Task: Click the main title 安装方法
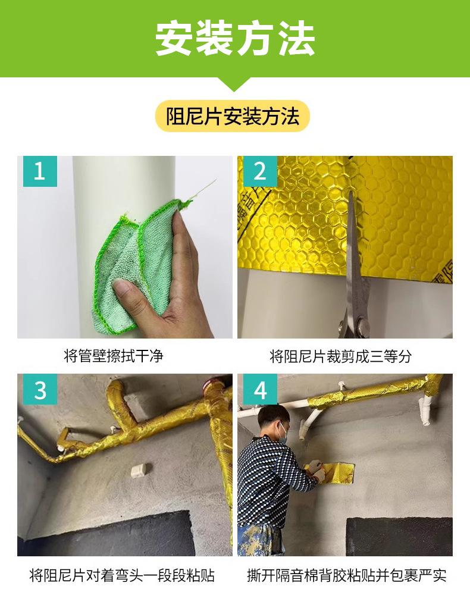pos(235,39)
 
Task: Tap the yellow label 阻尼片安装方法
pos(233,116)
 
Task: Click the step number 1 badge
pos(40,171)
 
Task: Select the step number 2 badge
pos(260,171)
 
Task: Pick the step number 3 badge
pos(40,389)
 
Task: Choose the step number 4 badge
pos(260,389)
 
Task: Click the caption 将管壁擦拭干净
pos(113,356)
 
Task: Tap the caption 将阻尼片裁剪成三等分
pos(340,356)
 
